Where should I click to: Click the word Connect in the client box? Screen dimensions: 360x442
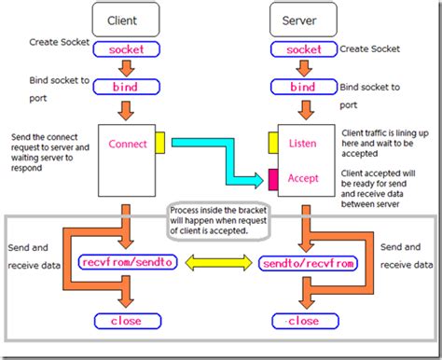pos(128,145)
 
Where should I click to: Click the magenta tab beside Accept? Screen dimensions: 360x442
pos(273,178)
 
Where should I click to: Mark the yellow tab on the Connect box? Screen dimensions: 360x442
pos(159,142)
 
